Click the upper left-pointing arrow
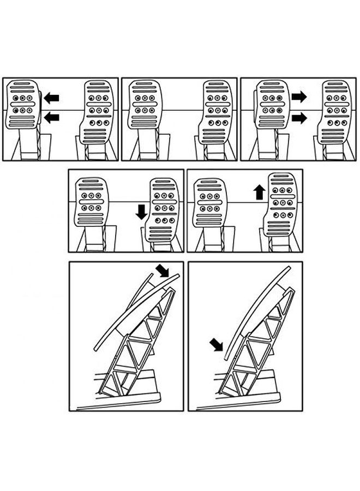pyautogui.click(x=51, y=98)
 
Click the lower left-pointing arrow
pyautogui.click(x=51, y=117)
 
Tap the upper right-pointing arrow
pyautogui.click(x=299, y=97)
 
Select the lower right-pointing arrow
pyautogui.click(x=299, y=117)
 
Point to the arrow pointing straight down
pyautogui.click(x=141, y=211)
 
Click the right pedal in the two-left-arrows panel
pyautogui.click(x=99, y=112)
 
